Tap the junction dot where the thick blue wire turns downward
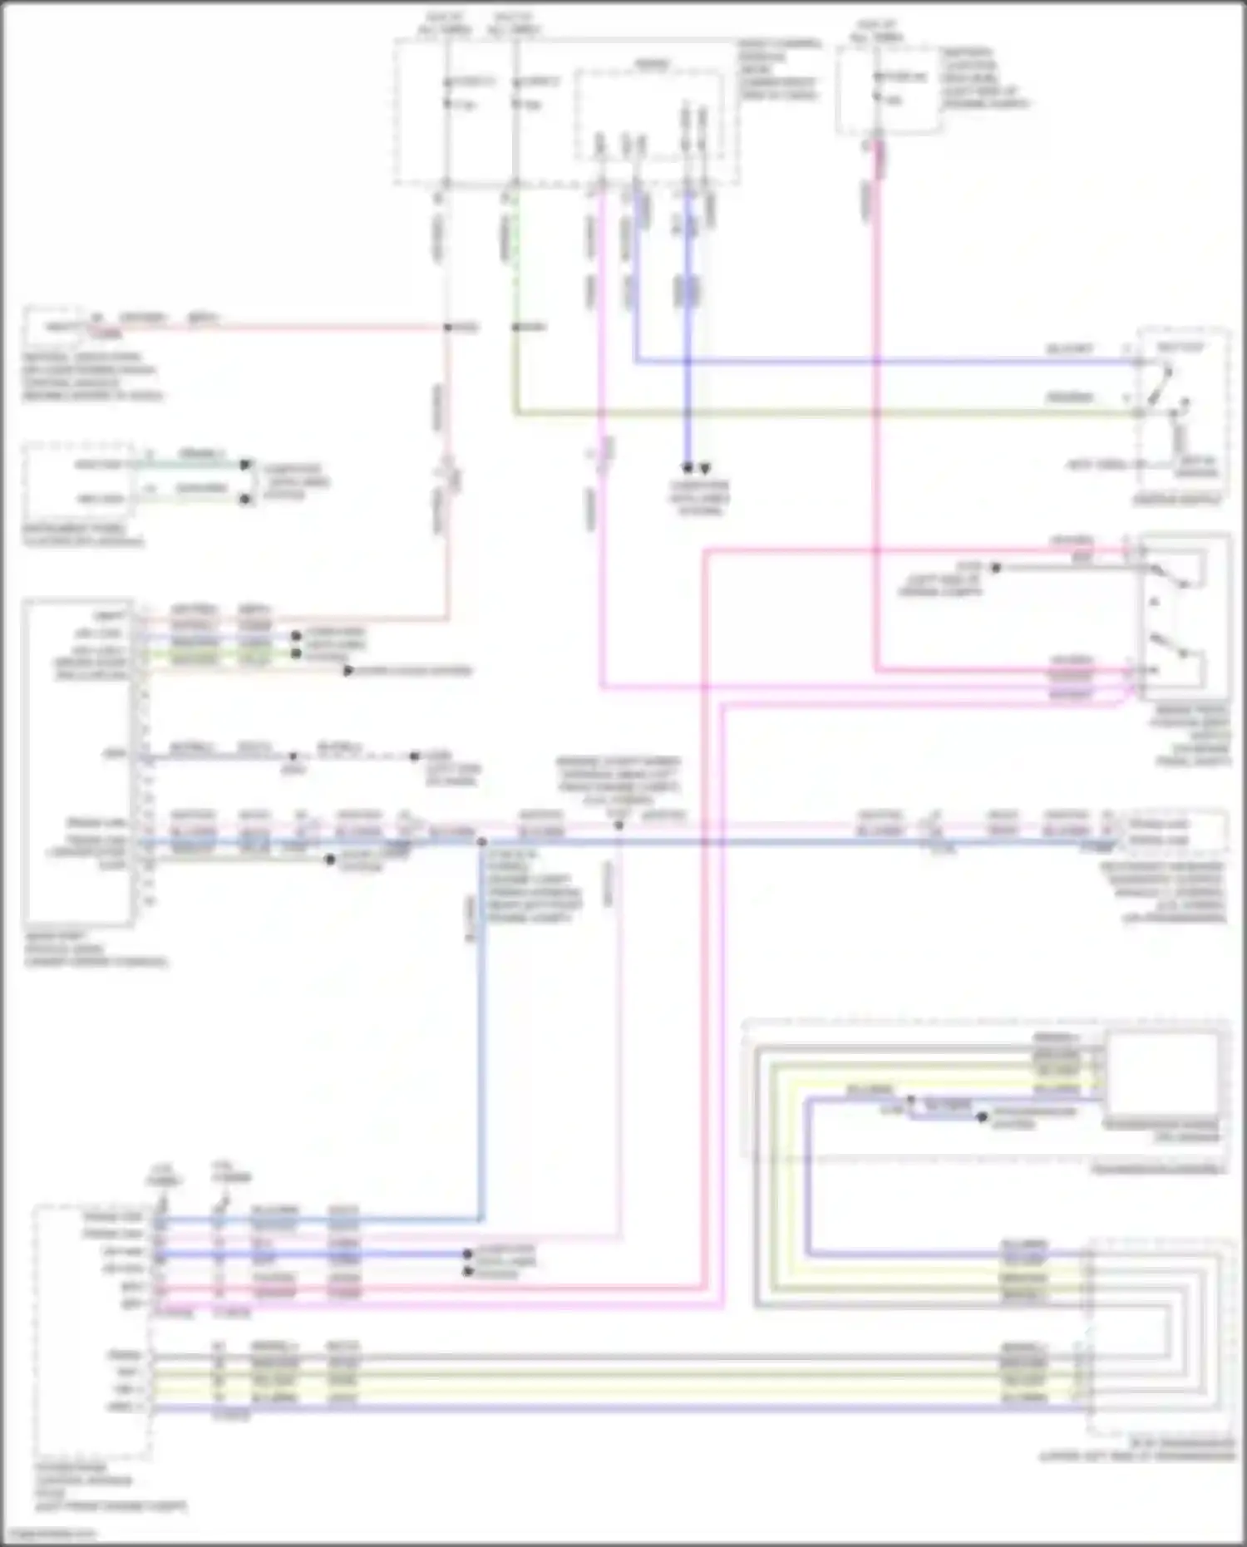[481, 842]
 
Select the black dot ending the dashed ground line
[414, 756]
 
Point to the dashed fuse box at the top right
[888, 90]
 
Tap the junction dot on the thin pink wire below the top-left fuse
[447, 328]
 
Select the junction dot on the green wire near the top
[515, 328]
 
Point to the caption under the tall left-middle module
[96, 948]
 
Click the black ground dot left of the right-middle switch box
[995, 568]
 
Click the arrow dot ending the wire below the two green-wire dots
[348, 670]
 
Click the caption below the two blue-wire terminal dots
[698, 497]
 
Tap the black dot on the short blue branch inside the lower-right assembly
[982, 1117]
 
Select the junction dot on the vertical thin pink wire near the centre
[619, 825]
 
